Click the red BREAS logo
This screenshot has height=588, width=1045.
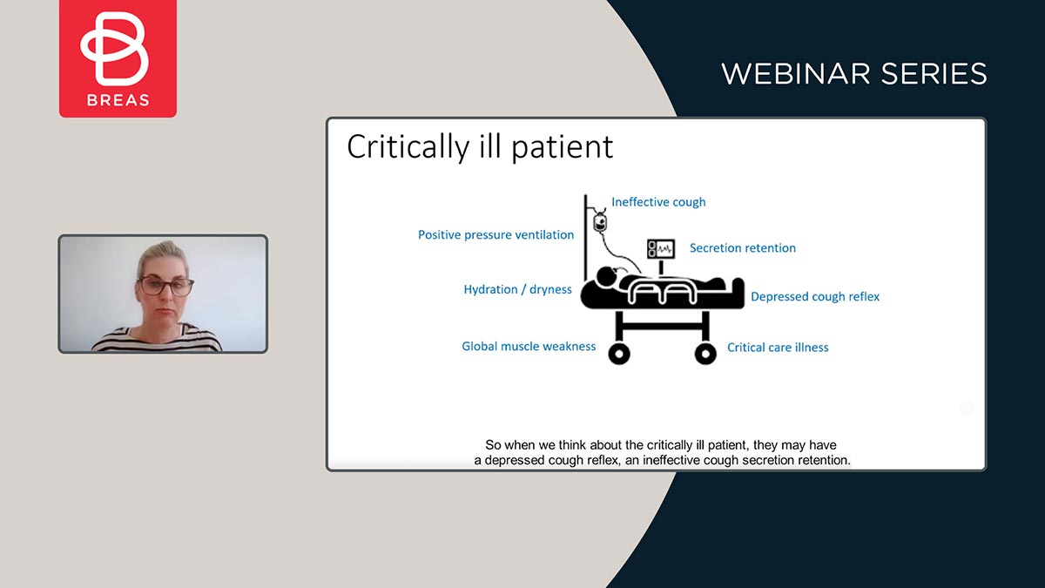coord(118,58)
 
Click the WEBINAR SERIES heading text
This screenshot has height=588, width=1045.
coord(854,74)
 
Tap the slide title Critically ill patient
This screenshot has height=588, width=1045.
coord(480,147)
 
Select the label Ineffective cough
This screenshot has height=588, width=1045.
coord(658,202)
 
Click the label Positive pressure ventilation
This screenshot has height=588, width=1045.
coord(496,234)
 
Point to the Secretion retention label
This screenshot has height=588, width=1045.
coord(743,247)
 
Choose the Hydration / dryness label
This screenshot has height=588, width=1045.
coord(517,289)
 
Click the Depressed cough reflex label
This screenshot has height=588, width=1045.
coord(815,297)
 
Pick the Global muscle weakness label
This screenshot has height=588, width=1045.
coord(529,347)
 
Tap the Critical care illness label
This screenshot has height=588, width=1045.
coord(778,348)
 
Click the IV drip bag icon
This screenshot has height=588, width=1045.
coord(600,222)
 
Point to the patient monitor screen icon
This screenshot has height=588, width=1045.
coord(661,249)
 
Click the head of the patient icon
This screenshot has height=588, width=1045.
coord(605,276)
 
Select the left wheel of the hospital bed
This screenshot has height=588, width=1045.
coord(619,355)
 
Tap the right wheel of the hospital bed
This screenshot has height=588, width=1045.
coord(705,355)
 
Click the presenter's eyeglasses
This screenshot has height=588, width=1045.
coord(165,285)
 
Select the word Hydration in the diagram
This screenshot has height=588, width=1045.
coord(490,289)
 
